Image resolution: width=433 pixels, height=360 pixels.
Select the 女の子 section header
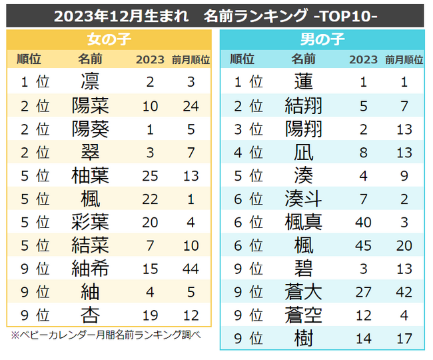click(109, 39)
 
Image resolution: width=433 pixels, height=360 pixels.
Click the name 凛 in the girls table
click(90, 83)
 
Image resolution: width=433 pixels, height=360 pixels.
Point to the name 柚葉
click(90, 176)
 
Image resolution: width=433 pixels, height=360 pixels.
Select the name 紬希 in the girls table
click(90, 269)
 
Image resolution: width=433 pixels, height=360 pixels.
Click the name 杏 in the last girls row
click(90, 315)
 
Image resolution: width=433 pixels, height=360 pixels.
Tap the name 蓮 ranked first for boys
click(303, 83)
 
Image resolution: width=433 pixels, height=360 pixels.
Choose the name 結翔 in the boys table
click(303, 106)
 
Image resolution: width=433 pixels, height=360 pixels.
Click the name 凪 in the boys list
click(303, 153)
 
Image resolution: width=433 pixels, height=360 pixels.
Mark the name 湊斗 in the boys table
click(303, 199)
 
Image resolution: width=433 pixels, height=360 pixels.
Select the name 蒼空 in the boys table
click(303, 315)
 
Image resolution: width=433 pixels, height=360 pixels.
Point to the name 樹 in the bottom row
click(303, 339)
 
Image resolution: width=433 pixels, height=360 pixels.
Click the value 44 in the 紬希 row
click(191, 269)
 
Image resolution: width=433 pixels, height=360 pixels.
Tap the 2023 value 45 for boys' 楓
click(363, 245)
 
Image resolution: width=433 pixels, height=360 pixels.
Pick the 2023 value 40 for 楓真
click(363, 222)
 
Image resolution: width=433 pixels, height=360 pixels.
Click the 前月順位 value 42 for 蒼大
click(404, 292)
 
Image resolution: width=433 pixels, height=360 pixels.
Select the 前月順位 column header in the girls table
click(191, 59)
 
